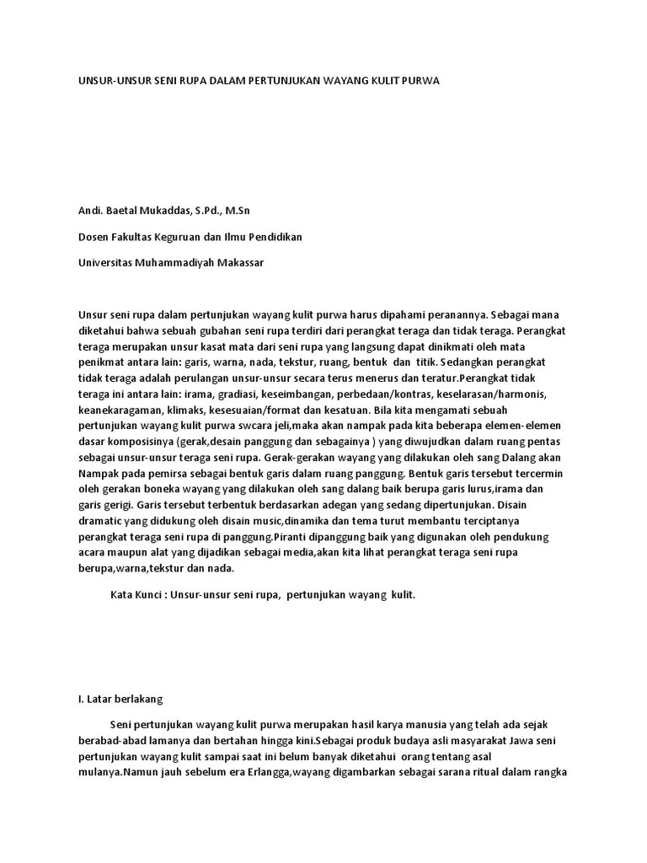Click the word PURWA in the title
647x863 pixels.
click(x=422, y=81)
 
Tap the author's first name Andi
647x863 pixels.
click(x=89, y=209)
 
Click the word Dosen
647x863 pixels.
click(x=94, y=237)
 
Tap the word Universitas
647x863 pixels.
click(x=105, y=263)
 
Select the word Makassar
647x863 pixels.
click(x=240, y=263)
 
